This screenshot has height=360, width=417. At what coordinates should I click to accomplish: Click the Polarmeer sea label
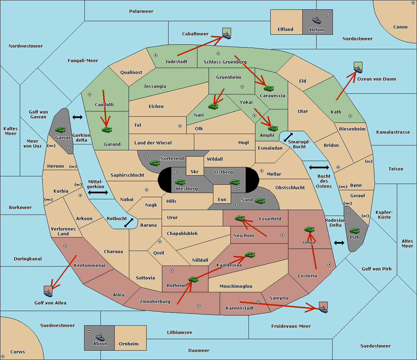tap(141, 11)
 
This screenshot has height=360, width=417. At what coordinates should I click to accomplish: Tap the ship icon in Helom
tap(317, 20)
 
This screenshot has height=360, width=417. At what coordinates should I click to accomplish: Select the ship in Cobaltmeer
tap(227, 35)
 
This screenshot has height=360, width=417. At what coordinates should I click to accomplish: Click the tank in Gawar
tap(60, 130)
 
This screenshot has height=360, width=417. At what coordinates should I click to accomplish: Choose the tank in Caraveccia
tap(269, 88)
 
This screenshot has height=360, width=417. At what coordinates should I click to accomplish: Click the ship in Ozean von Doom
tap(358, 69)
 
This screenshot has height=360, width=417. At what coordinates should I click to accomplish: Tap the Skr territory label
tap(195, 171)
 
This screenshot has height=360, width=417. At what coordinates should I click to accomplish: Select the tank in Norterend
tap(155, 163)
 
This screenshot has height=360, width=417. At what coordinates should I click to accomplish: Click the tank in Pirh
tap(354, 231)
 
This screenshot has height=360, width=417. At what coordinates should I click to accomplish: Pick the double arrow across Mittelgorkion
tap(98, 192)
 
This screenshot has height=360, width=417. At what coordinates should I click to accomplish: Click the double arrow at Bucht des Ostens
tap(319, 168)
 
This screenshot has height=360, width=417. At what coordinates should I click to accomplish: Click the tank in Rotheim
tap(193, 279)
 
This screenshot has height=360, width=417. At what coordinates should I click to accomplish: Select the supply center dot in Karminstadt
tap(258, 302)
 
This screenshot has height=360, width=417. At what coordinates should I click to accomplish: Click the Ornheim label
tap(129, 344)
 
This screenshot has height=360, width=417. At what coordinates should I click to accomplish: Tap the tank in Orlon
tap(309, 229)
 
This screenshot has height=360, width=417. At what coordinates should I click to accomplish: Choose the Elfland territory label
tap(285, 30)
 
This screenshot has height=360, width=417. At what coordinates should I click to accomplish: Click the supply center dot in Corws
tap(3, 357)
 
